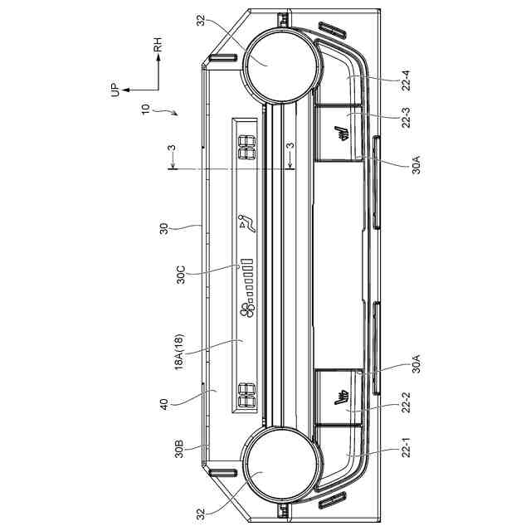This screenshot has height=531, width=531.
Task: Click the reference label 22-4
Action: [407, 80]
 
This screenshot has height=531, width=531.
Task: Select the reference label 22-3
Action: [406, 118]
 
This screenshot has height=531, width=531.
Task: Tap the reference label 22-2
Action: [406, 402]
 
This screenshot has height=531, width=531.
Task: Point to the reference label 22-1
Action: [406, 448]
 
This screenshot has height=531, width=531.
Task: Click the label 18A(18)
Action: [179, 352]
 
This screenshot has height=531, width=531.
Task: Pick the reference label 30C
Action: [181, 275]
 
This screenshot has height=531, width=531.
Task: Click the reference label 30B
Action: [179, 449]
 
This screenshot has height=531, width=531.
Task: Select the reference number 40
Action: [164, 404]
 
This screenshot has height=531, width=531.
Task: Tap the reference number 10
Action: [145, 109]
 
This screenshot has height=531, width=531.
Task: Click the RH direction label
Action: [158, 44]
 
